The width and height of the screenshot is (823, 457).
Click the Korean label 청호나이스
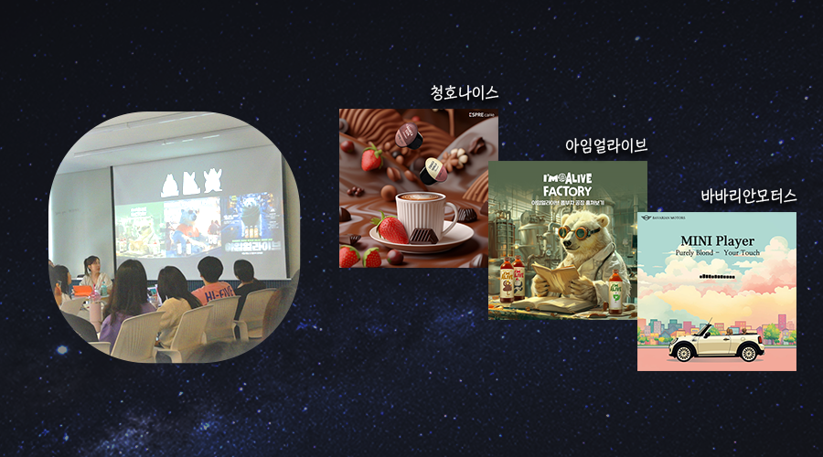[465, 92]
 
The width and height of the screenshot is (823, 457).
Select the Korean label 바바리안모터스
[748, 196]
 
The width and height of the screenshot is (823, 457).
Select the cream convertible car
[715, 345]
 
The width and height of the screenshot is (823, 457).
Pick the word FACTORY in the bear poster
[567, 190]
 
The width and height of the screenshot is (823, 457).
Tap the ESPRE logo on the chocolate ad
[479, 116]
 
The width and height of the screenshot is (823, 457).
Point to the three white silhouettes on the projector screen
[192, 182]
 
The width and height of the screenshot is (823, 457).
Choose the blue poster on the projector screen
[248, 224]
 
